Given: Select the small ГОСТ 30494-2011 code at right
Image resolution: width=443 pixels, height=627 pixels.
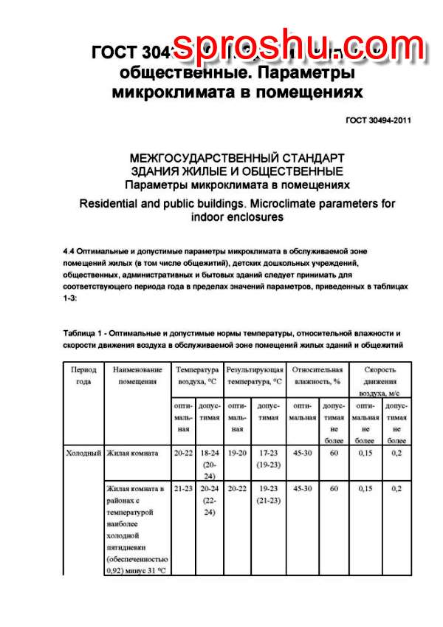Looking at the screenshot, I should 378,121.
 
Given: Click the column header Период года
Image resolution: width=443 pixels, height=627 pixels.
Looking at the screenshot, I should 83,375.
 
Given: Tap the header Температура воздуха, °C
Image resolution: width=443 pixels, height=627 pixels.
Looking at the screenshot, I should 196,375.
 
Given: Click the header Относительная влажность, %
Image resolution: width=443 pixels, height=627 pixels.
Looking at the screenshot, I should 317,375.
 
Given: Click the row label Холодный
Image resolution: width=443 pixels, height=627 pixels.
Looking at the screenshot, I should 83,453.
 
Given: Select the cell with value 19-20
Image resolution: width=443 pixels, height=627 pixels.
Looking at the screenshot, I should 237,453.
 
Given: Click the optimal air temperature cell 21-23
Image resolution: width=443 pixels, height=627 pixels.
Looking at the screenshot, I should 182,488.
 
